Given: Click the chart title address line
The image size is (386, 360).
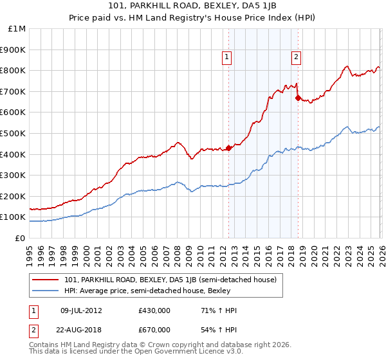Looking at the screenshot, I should (x=192, y=6).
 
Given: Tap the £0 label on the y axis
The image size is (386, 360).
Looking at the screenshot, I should (x=21, y=238).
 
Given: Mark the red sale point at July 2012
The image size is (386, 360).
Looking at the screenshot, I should (x=228, y=148).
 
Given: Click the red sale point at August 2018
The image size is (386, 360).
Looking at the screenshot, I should (x=298, y=98).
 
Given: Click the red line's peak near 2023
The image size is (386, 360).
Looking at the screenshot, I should (x=347, y=66).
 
